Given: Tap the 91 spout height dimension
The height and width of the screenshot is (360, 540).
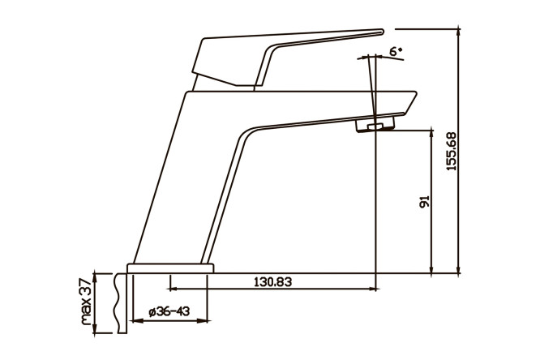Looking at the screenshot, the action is click(x=425, y=202).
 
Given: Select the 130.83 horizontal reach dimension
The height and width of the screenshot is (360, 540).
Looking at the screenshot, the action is click(x=272, y=282).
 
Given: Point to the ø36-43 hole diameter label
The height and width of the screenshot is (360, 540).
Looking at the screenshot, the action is click(x=169, y=312).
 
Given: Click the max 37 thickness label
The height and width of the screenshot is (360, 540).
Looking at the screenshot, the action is click(x=86, y=302).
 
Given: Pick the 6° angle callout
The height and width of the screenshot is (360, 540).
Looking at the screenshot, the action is click(x=396, y=51).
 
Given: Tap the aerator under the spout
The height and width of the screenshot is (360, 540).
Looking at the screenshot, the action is click(x=375, y=124).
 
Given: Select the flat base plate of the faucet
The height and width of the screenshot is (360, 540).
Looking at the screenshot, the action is click(x=170, y=268).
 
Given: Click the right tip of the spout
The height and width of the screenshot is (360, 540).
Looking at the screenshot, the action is click(x=417, y=92).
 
